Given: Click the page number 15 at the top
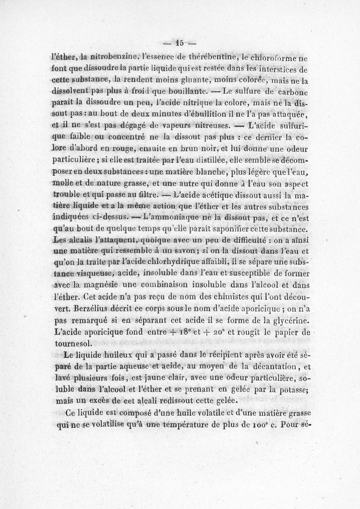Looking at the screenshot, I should pyautogui.click(x=180, y=44).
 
